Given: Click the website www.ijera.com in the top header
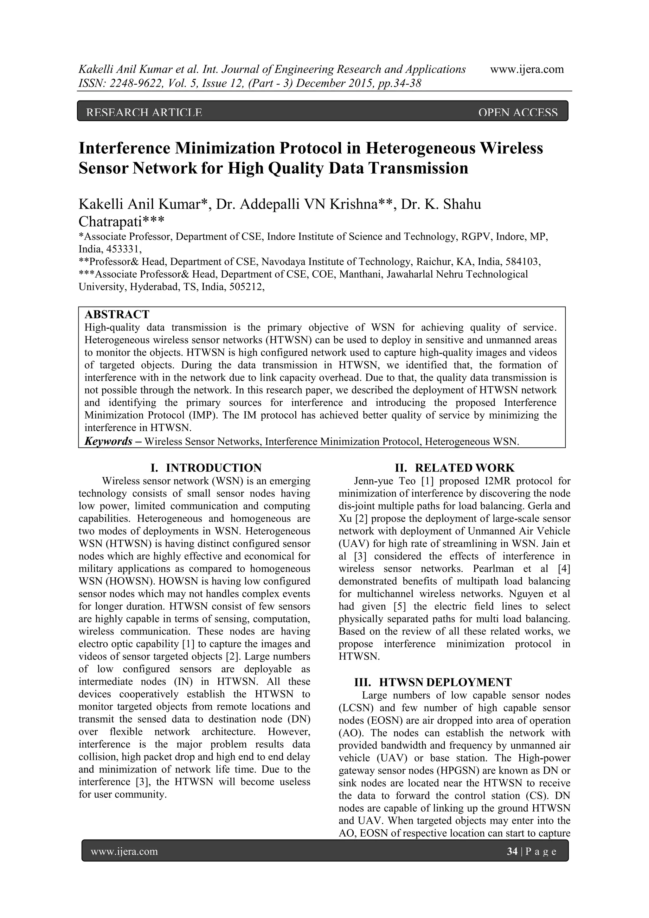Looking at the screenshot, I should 527,70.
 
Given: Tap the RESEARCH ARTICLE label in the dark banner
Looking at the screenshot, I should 144,113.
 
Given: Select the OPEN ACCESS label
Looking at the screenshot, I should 517,113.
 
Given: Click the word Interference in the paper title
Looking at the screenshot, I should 124,148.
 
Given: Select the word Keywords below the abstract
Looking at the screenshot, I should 108,441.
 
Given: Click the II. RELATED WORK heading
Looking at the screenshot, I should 455,468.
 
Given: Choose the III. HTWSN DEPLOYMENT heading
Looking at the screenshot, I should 433,682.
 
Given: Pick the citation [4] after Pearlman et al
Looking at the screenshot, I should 564,568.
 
